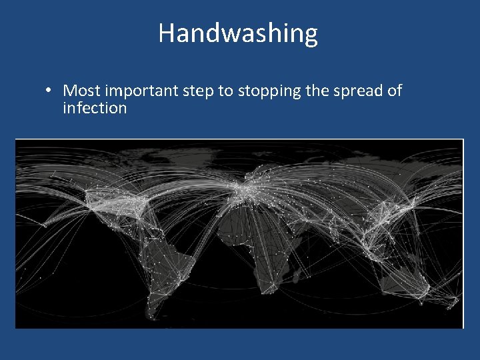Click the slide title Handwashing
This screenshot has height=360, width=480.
(238, 33)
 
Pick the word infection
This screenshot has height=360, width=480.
(95, 108)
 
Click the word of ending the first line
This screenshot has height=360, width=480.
(394, 91)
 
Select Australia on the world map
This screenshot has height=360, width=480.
(403, 280)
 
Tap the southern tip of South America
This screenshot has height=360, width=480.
(155, 313)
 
